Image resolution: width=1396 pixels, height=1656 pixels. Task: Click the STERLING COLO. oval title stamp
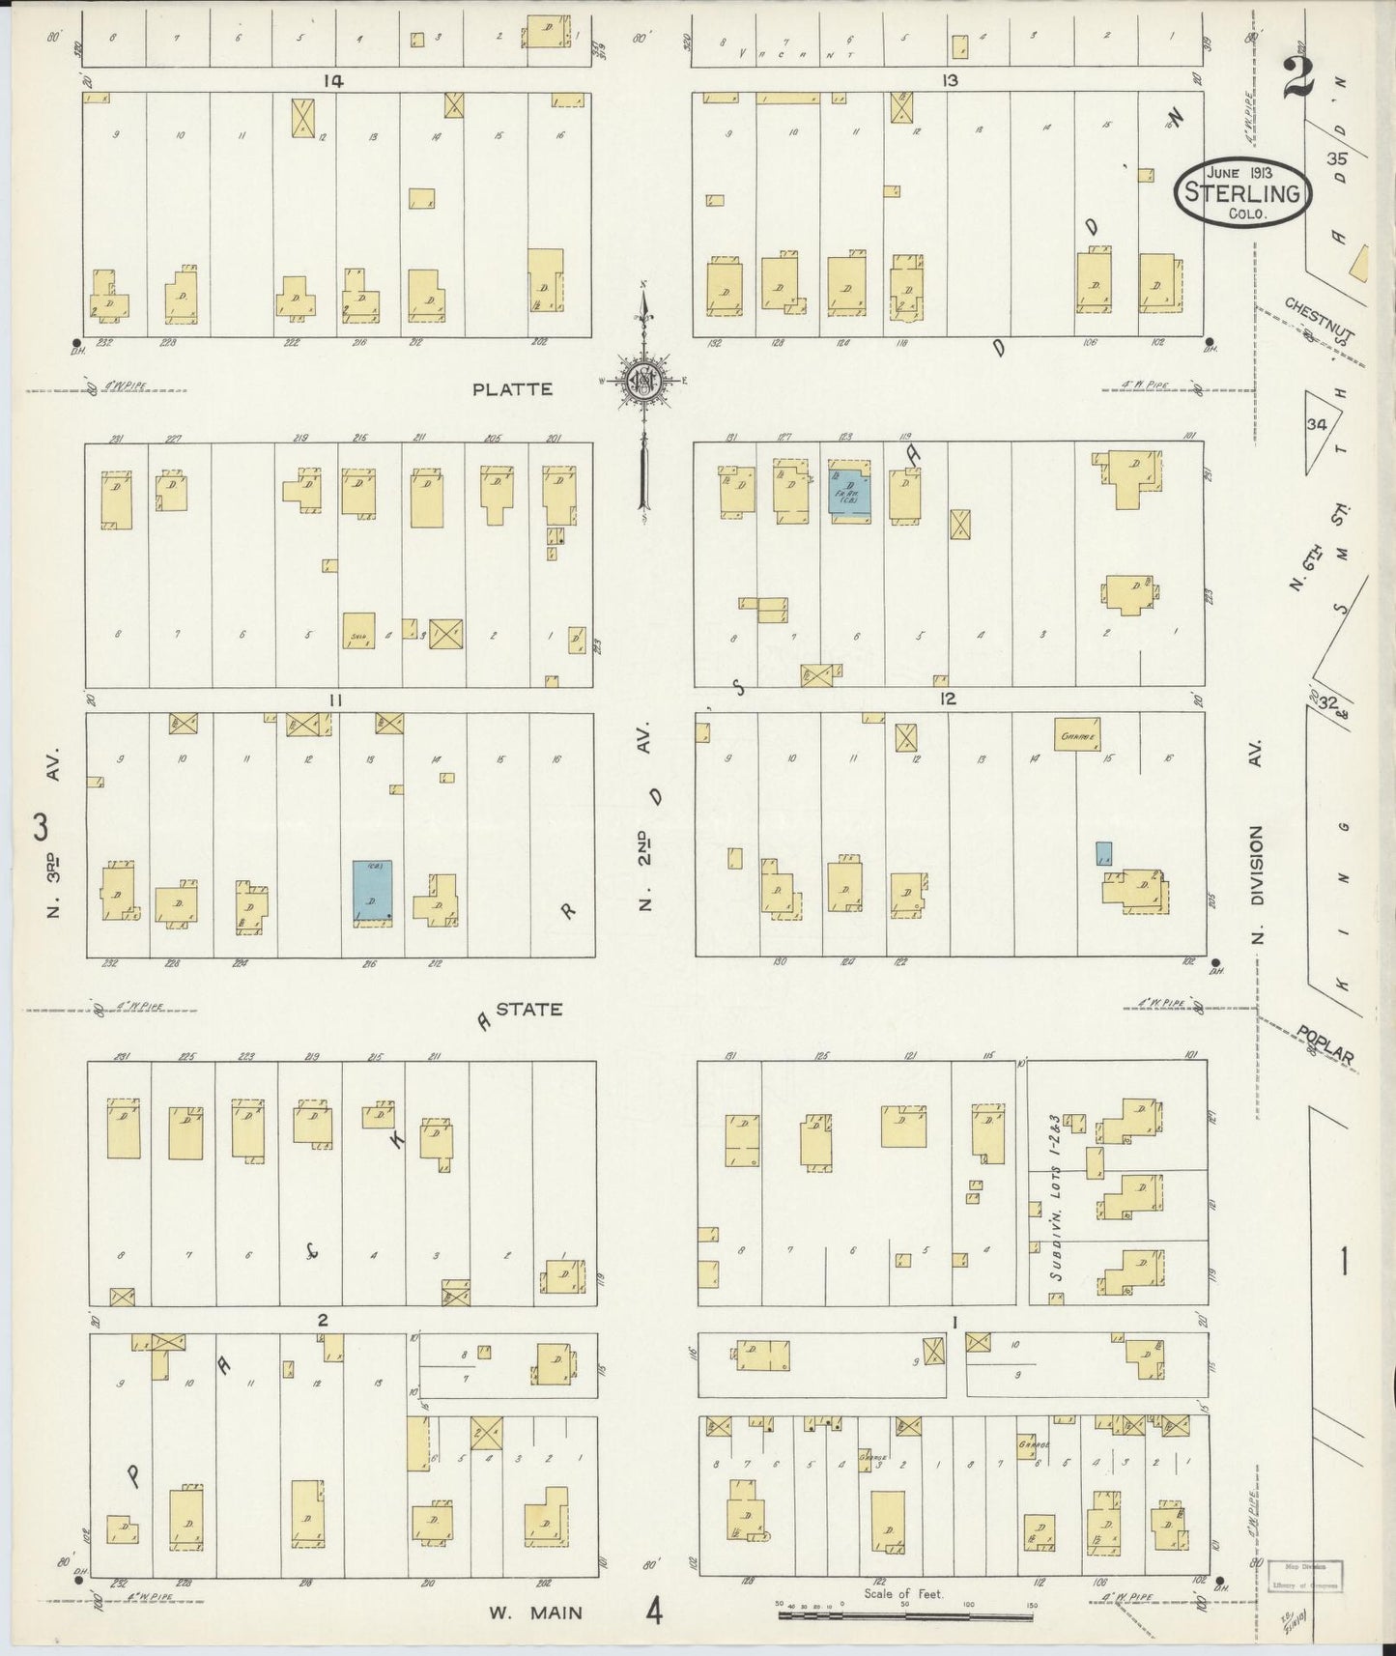(1243, 191)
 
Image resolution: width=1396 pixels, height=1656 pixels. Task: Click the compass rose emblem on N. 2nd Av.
(641, 381)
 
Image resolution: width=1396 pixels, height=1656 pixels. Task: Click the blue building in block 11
(372, 894)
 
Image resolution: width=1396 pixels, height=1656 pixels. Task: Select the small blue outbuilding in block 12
(1103, 853)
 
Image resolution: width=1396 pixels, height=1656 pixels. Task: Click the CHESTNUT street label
(1320, 319)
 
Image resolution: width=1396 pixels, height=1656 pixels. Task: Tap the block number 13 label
(951, 81)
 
